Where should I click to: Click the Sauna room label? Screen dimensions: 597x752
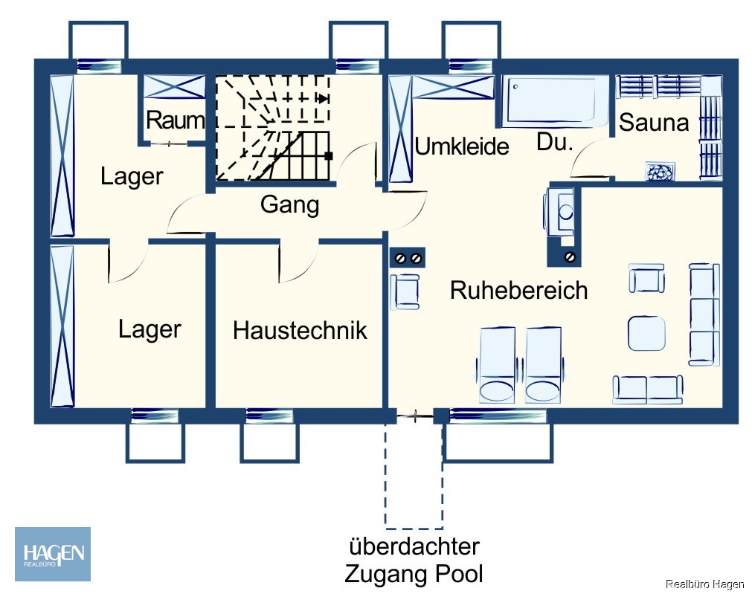pos(654,122)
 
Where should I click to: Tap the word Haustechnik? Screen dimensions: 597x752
pos(300,330)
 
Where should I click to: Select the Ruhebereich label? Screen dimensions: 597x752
pos(518,290)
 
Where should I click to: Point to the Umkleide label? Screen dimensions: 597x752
pos(461,146)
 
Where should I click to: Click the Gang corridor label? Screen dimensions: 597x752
pos(289,204)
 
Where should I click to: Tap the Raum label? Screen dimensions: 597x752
pos(175,120)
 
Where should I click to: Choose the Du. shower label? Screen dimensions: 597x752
pos(554,143)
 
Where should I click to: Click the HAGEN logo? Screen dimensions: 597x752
pos(53,554)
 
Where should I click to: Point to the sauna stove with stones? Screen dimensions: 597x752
pos(658,171)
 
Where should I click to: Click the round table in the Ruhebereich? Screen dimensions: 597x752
pos(646,333)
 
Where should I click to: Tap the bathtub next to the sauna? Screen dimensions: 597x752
pos(554,101)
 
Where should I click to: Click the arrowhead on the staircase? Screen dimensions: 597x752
pos(323,97)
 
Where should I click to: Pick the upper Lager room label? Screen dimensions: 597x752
pos(132,176)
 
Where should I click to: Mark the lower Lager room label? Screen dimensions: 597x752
pos(150,329)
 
